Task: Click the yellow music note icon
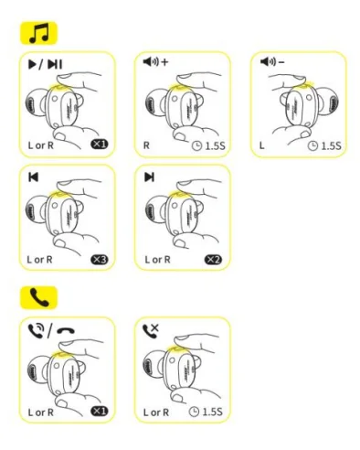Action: (38, 34)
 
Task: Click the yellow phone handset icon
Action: (38, 297)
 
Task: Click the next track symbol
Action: (150, 177)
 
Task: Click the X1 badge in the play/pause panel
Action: (100, 146)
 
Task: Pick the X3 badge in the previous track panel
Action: (100, 260)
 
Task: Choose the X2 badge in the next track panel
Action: (216, 260)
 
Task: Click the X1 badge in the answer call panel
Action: (100, 411)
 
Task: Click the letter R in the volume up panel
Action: (147, 146)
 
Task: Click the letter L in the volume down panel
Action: (261, 146)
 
